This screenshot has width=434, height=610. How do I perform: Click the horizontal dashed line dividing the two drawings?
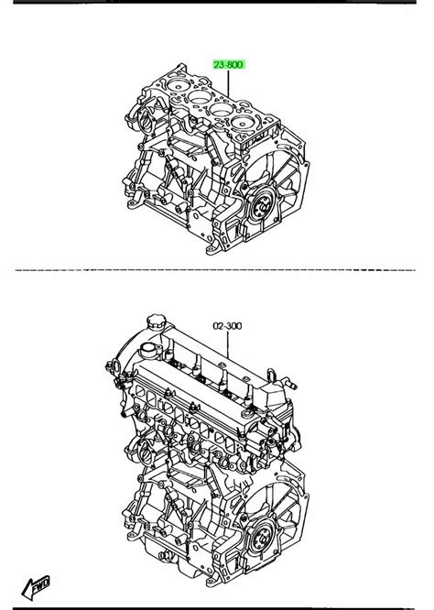217,271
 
